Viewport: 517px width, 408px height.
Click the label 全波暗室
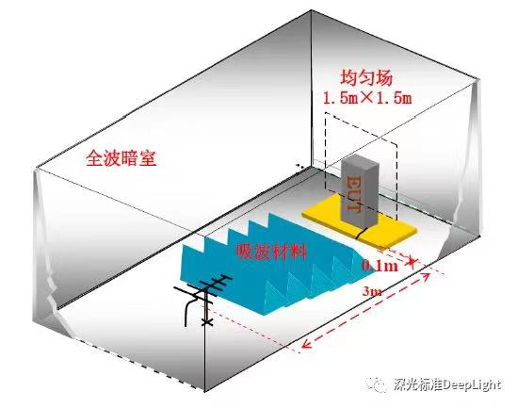(x=121, y=158)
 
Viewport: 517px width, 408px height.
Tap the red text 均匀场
(x=366, y=78)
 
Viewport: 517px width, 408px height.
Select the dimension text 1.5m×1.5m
(x=367, y=98)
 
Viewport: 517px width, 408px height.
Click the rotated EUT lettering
(x=353, y=194)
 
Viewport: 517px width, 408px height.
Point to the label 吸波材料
(x=271, y=252)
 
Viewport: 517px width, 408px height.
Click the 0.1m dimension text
(x=380, y=265)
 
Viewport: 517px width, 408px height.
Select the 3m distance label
(x=372, y=291)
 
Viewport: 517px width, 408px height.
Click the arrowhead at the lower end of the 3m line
(x=306, y=344)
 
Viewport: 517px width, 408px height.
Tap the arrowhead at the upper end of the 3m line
(x=426, y=276)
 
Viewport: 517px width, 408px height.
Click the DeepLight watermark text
(x=447, y=384)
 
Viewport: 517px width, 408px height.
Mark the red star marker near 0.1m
(x=412, y=261)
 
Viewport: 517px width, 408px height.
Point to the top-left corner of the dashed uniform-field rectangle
(x=326, y=113)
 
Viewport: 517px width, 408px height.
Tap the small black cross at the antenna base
(x=207, y=321)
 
